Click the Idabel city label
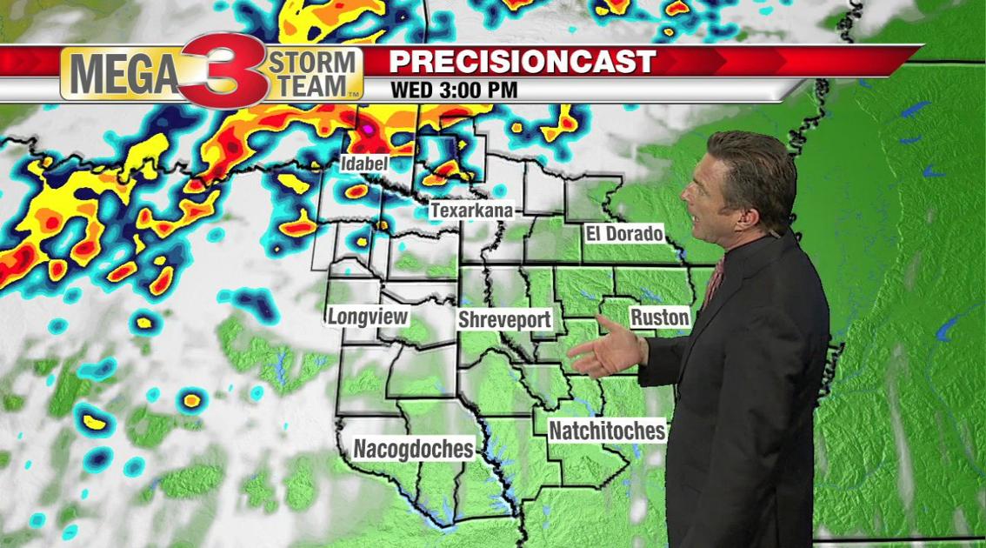pyautogui.click(x=364, y=164)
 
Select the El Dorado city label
pyautogui.click(x=623, y=234)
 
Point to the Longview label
pyautogui.click(x=368, y=317)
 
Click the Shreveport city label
pyautogui.click(x=504, y=319)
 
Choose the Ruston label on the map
pyautogui.click(x=659, y=317)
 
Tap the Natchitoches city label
pyautogui.click(x=607, y=431)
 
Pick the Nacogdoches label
pyautogui.click(x=413, y=449)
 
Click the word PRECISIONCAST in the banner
pyautogui.click(x=522, y=62)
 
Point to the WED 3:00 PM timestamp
pyautogui.click(x=454, y=90)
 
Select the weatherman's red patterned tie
pyautogui.click(x=716, y=278)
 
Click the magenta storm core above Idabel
pyautogui.click(x=369, y=130)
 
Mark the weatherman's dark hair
pyautogui.click(x=756, y=161)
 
